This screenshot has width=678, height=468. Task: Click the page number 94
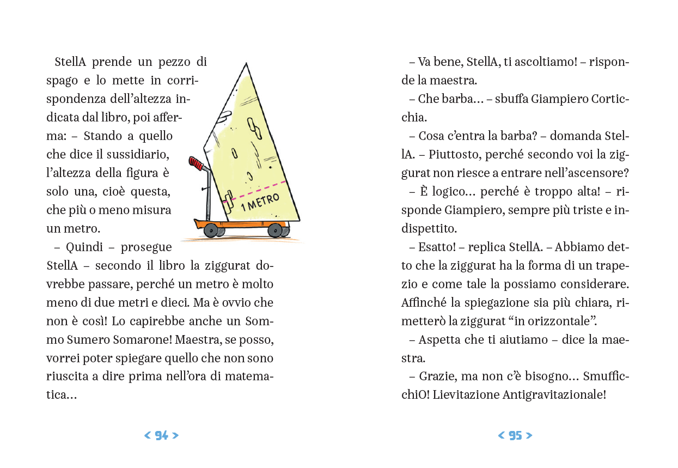(161, 435)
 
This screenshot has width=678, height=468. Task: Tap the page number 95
(515, 435)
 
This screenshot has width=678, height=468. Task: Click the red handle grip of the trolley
(196, 163)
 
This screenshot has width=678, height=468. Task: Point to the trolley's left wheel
(211, 230)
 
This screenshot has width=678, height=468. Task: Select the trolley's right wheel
(276, 230)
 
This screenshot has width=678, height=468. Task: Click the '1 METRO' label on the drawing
(260, 202)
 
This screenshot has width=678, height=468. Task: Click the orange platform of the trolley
(242, 224)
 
